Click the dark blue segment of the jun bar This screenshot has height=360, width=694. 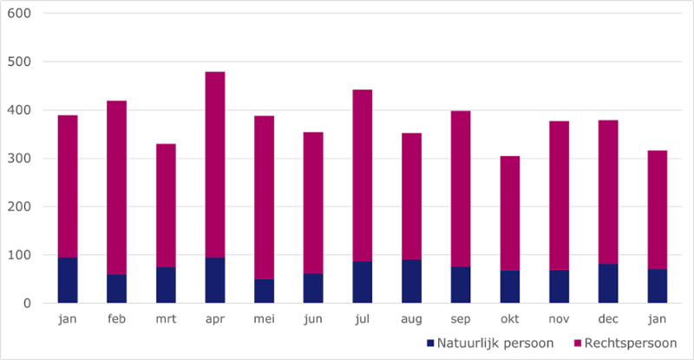[x=313, y=289]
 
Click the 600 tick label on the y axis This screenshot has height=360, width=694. [x=21, y=14]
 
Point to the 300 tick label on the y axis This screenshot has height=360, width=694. [x=21, y=159]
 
